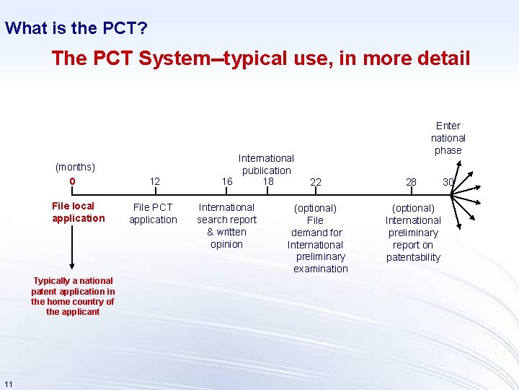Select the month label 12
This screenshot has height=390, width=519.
(154, 182)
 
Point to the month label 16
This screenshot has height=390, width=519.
(227, 182)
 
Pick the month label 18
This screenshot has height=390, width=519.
(267, 181)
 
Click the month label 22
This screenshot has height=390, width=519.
(316, 183)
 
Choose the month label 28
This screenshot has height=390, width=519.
(411, 182)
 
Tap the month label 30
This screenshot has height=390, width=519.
(448, 182)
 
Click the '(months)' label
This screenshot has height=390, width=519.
(76, 167)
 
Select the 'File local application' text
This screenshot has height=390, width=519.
(78, 212)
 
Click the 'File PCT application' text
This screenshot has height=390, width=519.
(153, 213)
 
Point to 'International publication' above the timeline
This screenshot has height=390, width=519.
(266, 164)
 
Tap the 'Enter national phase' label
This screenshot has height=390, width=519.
(448, 137)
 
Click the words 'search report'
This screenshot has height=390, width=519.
(226, 220)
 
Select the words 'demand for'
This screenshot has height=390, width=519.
(316, 233)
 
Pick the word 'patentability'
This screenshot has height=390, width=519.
(413, 257)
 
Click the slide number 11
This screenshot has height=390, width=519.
(8, 382)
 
